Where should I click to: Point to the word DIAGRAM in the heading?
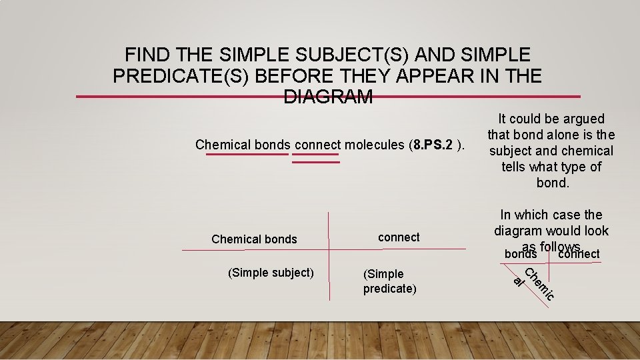click(328, 97)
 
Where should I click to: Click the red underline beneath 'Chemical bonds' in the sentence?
click(247, 155)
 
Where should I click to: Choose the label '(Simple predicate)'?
click(389, 281)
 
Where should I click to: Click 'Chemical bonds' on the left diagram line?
click(254, 239)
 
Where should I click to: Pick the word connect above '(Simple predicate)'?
click(399, 237)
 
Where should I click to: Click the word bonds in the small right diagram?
click(521, 254)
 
